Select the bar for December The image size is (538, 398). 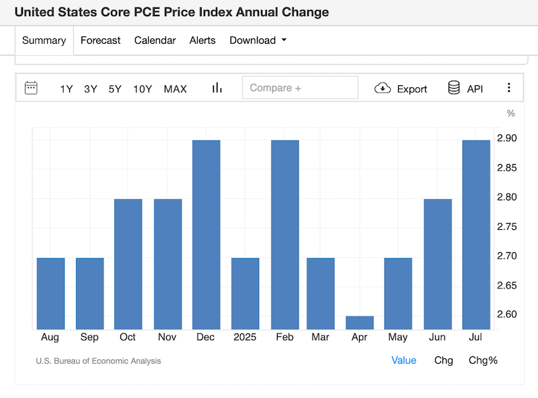206,235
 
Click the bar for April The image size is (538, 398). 360,323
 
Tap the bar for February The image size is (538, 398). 285,235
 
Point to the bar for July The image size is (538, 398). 476,235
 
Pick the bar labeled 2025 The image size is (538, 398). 245,294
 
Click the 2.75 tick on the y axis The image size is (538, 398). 506,227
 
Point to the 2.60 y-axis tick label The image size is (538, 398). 506,315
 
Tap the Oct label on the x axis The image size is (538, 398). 128,337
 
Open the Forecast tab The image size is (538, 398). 100,40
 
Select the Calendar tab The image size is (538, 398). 155,40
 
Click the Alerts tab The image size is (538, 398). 202,40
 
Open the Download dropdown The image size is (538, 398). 258,40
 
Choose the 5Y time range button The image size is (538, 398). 115,89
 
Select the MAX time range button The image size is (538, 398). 176,89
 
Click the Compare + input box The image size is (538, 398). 300,88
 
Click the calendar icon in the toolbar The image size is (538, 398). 31,88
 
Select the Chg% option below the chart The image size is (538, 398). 483,360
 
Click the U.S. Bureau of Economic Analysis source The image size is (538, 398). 98,361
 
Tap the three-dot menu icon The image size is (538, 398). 509,88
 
